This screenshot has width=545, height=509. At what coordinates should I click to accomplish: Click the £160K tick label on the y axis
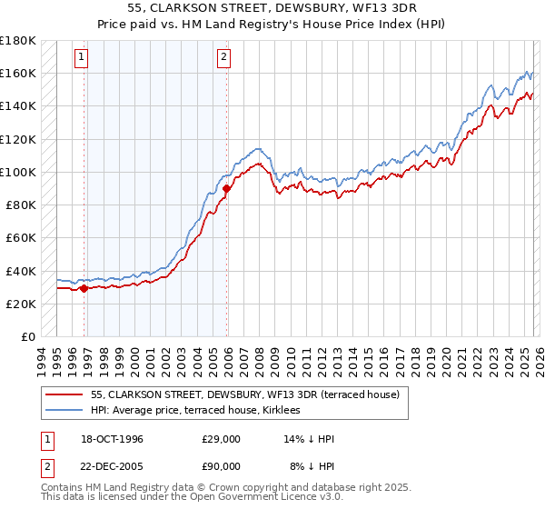click(17, 73)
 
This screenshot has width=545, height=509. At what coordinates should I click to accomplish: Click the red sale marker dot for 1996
click(84, 289)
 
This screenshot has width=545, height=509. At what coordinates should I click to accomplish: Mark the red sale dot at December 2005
click(226, 188)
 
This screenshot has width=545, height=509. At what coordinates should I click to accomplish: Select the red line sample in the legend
click(65, 394)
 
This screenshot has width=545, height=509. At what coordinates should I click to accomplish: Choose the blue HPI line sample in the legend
click(65, 410)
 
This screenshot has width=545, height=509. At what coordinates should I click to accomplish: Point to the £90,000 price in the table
click(221, 466)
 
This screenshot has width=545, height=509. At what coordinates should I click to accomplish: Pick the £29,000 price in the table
click(221, 439)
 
